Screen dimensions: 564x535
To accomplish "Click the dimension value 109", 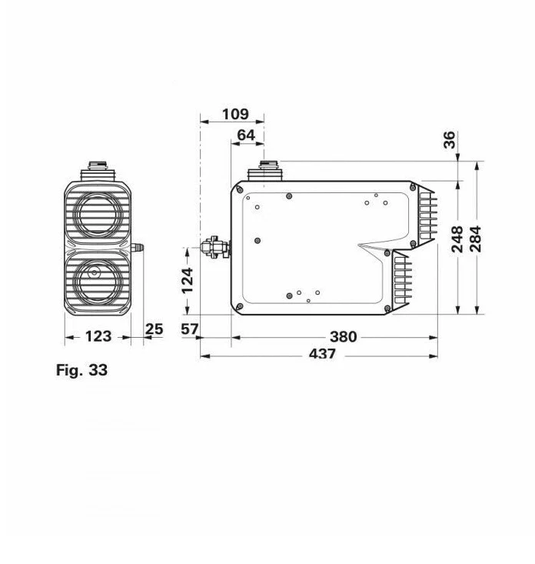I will click(x=235, y=114).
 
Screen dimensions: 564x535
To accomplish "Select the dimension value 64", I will click(x=246, y=135).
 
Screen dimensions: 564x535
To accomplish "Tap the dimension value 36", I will click(x=450, y=139).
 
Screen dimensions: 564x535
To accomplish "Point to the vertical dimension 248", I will click(x=457, y=239).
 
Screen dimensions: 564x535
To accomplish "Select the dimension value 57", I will click(x=189, y=329).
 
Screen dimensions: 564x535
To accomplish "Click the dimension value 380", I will click(x=343, y=337).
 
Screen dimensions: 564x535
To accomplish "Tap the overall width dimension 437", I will click(x=322, y=354).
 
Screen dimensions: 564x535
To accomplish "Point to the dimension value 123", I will click(x=98, y=336).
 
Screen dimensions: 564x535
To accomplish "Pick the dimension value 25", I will click(x=154, y=329).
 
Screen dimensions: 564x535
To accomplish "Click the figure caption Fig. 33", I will click(x=81, y=370).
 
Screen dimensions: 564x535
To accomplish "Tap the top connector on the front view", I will click(x=98, y=168).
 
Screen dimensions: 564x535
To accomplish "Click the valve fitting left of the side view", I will click(x=214, y=248).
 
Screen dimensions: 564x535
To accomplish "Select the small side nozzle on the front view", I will click(x=138, y=248).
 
